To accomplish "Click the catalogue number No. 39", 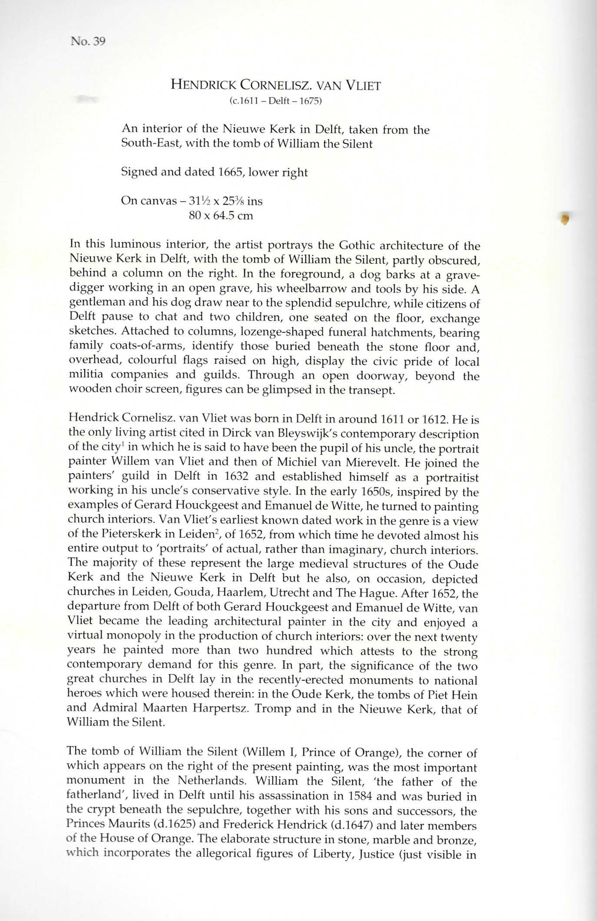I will click(88, 42).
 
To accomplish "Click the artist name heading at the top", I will click(275, 85).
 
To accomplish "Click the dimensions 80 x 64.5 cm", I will click(221, 216).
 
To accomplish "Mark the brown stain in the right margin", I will click(565, 219).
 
